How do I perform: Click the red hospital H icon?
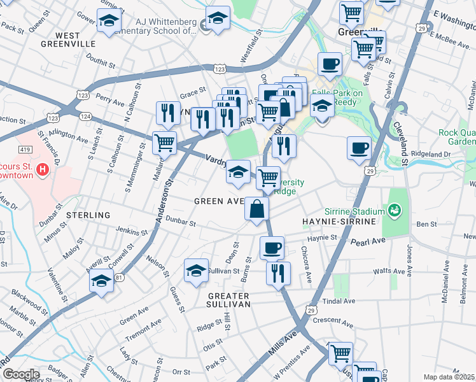tap(42, 169)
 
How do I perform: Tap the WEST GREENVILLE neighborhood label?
tap(67, 39)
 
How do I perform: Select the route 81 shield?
tap(118, 278)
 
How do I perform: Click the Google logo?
tap(20, 374)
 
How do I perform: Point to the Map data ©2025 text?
tap(449, 377)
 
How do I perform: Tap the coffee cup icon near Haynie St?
tap(272, 247)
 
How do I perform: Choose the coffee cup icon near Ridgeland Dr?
tap(359, 148)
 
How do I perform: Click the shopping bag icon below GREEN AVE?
tap(256, 209)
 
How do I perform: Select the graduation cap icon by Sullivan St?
tap(197, 270)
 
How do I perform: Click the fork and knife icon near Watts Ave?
tap(278, 273)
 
